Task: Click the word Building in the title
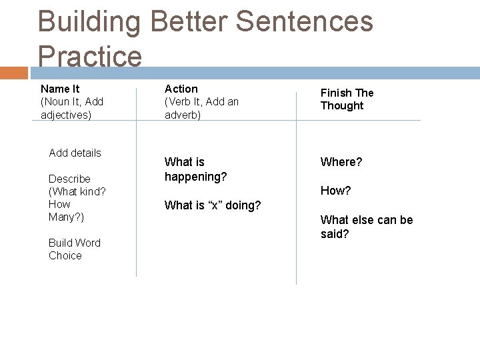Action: pos(89,22)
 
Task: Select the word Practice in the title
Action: pos(90,56)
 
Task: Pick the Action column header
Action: pos(181,89)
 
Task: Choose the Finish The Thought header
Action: pos(347,99)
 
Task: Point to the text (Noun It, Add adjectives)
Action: pos(71,108)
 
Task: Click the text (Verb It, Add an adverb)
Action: pos(201,108)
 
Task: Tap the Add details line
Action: pos(75,153)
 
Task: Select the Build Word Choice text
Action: pos(74,249)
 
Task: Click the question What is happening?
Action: pos(195,169)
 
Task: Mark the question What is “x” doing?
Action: pos(213,205)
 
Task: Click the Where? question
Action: pos(341,162)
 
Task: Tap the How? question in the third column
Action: pos(335,191)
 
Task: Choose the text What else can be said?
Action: pos(366,227)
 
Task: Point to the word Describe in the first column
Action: pos(69,179)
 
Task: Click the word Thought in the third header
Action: pos(342,106)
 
